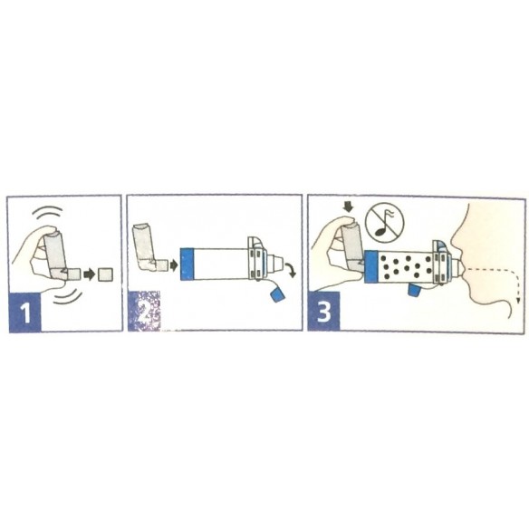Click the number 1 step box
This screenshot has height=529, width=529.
coord(25,314)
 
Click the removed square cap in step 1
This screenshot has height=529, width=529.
coord(106,273)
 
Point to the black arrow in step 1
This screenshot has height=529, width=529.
coord(89,273)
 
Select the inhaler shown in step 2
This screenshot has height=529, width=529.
coord(147,250)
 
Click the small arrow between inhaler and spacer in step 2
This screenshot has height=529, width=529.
coord(172,265)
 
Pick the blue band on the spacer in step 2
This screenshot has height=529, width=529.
coord(188,265)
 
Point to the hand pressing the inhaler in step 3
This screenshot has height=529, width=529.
coord(328,258)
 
